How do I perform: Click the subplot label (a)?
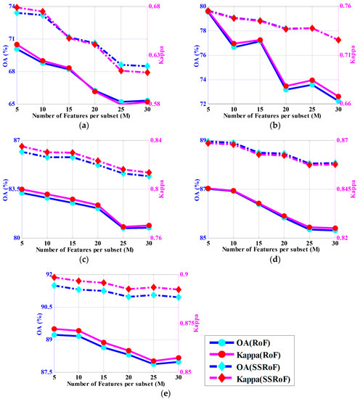[x=85, y=126]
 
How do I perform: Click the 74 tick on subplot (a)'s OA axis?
[x=12, y=7]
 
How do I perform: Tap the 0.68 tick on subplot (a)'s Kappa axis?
[x=159, y=7]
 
